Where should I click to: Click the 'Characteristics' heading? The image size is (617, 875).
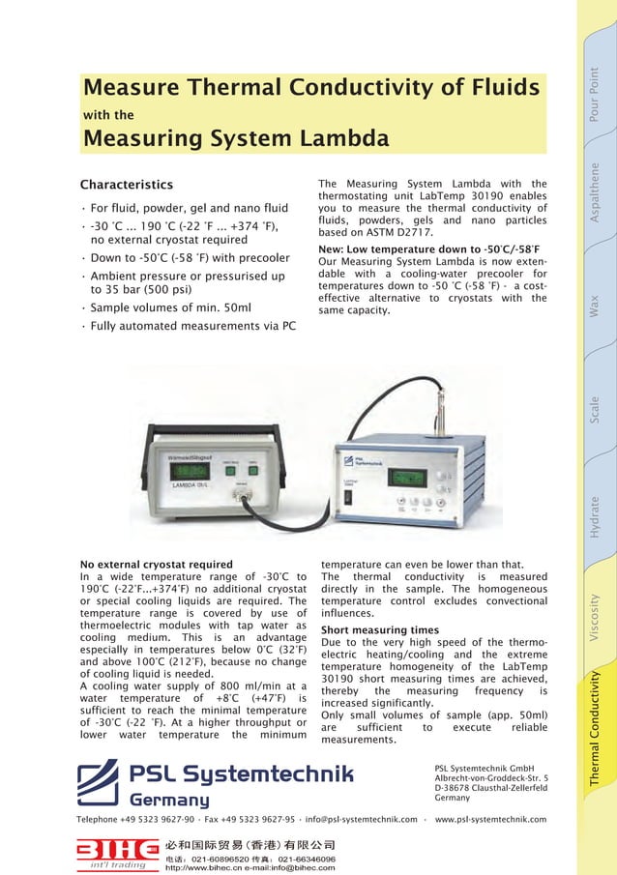point(126,185)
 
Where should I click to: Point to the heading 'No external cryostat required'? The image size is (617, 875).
point(156,565)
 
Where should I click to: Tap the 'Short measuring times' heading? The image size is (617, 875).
point(379,630)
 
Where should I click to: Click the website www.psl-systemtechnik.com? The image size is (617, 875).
point(490,820)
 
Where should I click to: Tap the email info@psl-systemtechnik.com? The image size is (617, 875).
point(362,820)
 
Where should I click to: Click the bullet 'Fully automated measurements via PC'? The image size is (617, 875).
point(192,327)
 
